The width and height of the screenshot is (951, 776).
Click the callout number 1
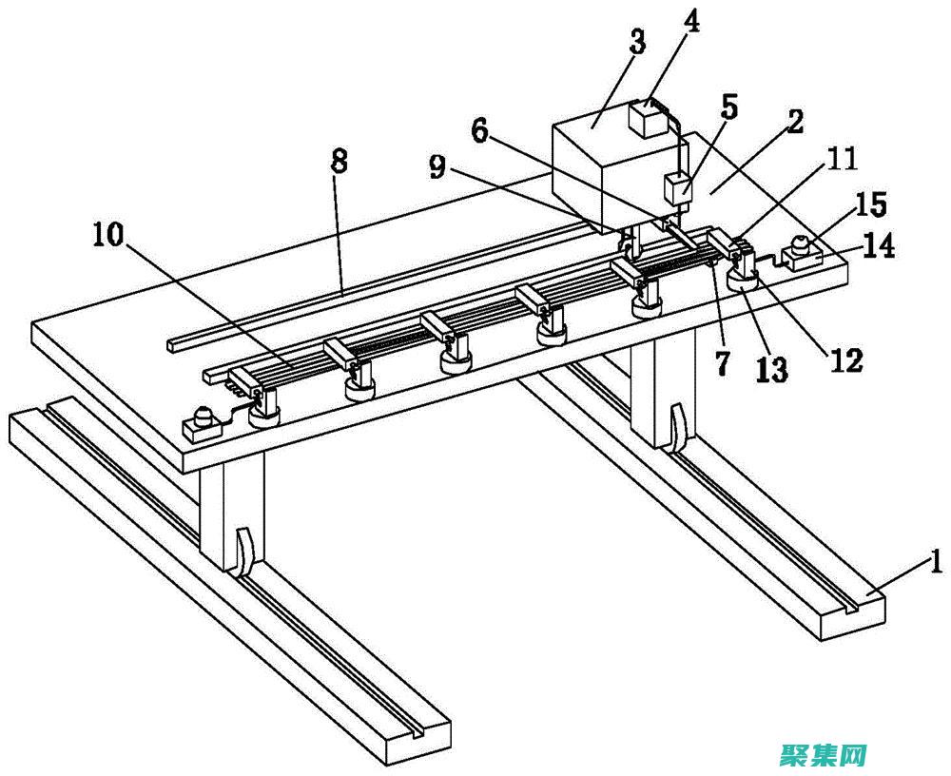tap(936, 563)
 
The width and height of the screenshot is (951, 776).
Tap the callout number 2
tap(794, 122)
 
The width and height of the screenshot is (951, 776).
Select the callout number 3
tap(636, 42)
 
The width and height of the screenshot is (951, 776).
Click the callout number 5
tap(728, 107)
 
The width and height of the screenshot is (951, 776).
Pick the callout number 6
tap(481, 131)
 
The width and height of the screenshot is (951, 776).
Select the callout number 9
tap(437, 167)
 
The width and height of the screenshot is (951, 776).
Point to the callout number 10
tap(108, 235)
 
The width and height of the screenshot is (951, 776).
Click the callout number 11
tap(842, 158)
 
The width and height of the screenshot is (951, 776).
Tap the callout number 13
tap(772, 369)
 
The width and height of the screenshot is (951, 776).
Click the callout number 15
tap(871, 204)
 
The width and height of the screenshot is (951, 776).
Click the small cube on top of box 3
tap(650, 121)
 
